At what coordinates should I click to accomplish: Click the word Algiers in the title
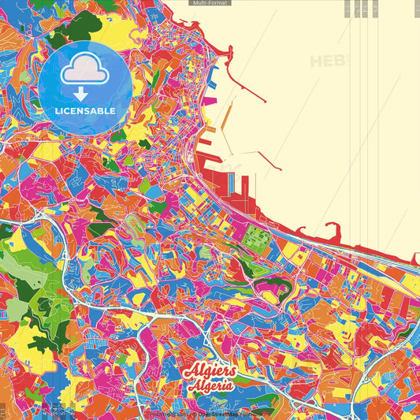pyautogui.click(x=208, y=371)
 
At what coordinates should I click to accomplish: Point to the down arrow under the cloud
pyautogui.click(x=82, y=94)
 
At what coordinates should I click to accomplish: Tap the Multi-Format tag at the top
pyautogui.click(x=210, y=3)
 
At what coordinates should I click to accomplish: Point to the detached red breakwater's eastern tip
pyautogui.click(x=280, y=168)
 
